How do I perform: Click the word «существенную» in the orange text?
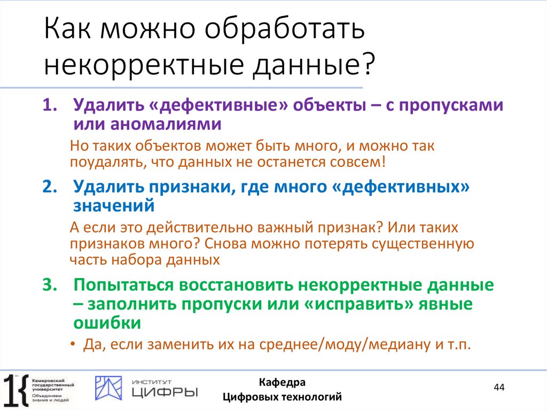click(421, 244)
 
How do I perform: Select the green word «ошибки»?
click(107, 323)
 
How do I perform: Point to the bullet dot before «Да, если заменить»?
click(73, 345)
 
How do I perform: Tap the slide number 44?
click(499, 387)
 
